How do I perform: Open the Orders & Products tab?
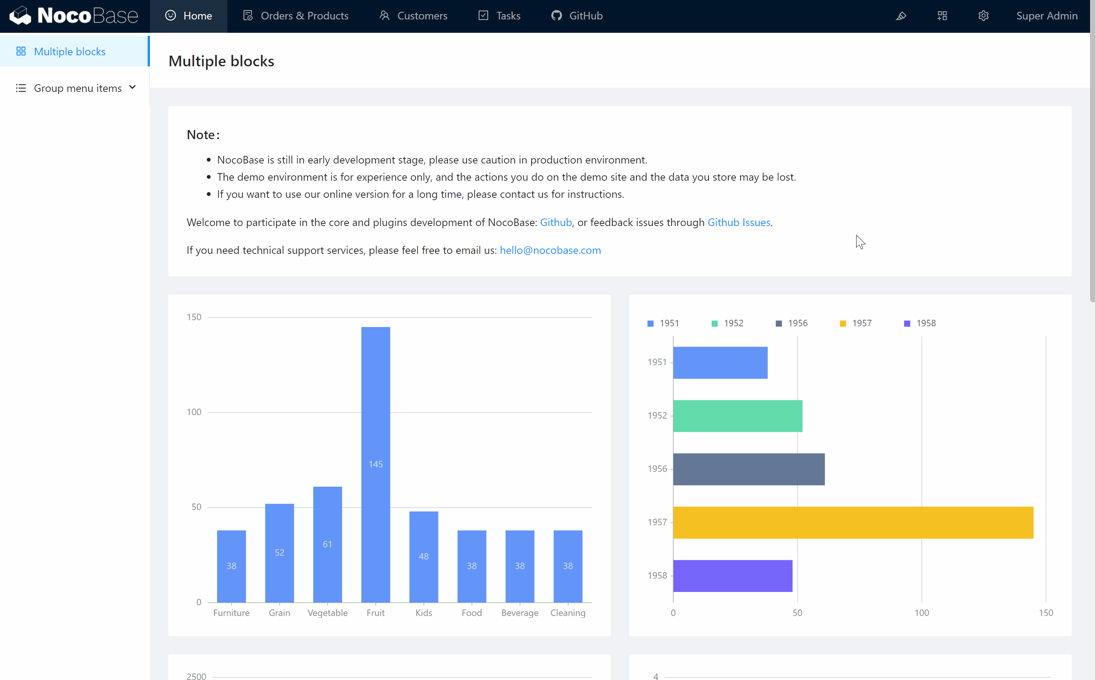pos(296,16)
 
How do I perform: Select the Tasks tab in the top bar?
pos(499,16)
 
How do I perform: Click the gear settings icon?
pos(983,16)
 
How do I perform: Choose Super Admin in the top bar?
pos(1047,16)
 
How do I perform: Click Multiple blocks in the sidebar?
pos(70,52)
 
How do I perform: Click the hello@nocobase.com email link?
pos(550,250)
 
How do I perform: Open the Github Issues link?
pos(739,222)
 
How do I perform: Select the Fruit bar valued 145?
pos(375,464)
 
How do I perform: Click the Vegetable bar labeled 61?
pos(327,544)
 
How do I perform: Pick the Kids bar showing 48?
pos(424,557)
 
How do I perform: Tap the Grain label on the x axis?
pos(279,613)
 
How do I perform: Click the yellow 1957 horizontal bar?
pos(853,522)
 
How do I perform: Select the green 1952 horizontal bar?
pos(737,415)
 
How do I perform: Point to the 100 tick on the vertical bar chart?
pos(194,412)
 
